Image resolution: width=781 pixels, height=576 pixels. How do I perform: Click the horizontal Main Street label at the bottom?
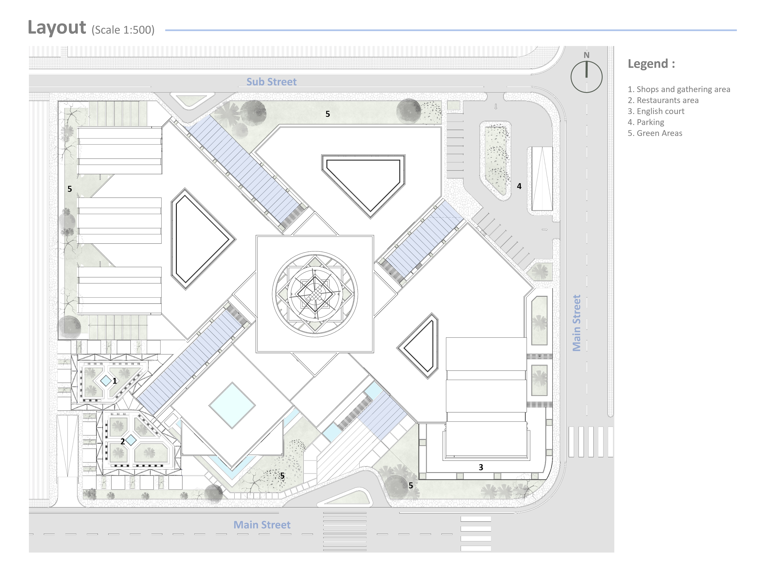(x=262, y=525)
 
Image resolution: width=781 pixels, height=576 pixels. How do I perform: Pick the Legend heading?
(x=651, y=64)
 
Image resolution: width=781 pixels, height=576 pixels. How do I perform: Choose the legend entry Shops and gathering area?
(x=679, y=89)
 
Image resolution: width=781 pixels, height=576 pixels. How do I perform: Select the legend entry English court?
(x=656, y=111)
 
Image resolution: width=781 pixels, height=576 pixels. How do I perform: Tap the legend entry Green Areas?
(x=655, y=133)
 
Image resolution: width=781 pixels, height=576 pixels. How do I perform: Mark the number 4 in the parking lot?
(x=519, y=186)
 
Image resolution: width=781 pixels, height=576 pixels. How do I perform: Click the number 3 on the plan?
(x=481, y=467)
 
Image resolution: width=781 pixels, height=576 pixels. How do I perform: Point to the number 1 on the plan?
(x=115, y=381)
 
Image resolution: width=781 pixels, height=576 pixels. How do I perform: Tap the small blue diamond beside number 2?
(x=131, y=440)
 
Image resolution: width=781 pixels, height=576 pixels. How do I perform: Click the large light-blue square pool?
(x=232, y=405)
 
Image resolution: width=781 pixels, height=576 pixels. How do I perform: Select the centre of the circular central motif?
(x=315, y=294)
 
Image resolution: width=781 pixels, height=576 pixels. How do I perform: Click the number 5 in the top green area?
(x=328, y=114)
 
